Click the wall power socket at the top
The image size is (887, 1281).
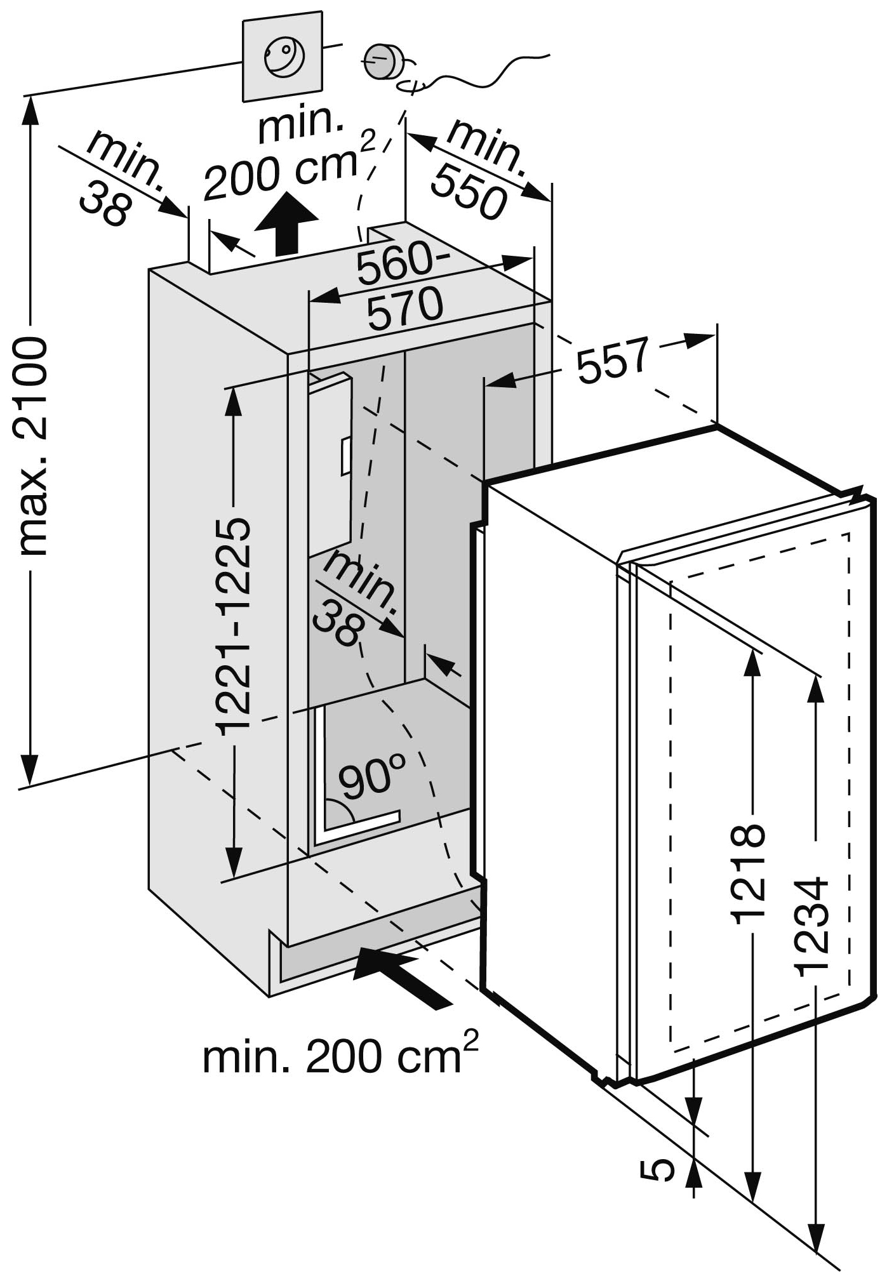click(x=284, y=57)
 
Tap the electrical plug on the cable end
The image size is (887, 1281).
click(x=385, y=62)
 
